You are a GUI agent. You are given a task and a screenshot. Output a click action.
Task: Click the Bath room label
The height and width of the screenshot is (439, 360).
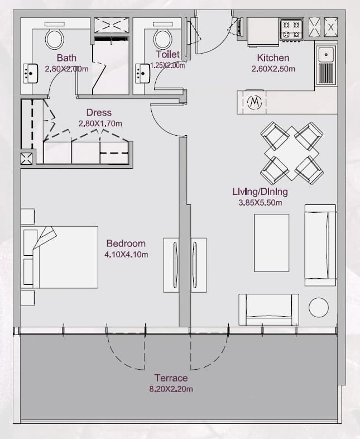pos(66,58)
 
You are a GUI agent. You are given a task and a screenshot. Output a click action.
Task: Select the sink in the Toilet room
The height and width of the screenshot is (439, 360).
pos(142,73)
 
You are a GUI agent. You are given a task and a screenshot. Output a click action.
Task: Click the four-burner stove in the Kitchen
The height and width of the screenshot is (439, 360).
pos(291,29)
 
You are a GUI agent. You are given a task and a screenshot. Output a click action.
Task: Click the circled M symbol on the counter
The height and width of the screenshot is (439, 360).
pos(255,102)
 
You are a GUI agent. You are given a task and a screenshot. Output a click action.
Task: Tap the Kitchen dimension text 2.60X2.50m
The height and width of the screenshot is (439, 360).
pos(273,69)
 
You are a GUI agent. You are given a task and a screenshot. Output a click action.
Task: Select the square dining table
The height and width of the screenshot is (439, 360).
pos(292,153)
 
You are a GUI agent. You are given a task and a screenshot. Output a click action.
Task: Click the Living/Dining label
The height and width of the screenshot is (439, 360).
pos(260,192)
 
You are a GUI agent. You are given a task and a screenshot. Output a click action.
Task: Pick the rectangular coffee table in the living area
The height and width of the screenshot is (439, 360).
pos(271,243)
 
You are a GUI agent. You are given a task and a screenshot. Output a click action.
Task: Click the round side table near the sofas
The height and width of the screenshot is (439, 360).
pos(319,307)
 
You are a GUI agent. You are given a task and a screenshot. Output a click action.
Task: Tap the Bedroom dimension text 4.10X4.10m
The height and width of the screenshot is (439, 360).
pos(126,255)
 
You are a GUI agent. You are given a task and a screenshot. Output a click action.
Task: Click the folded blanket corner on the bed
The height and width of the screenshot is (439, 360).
pos(45,237)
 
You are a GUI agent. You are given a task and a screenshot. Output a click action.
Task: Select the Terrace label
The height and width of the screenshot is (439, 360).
pos(171,378)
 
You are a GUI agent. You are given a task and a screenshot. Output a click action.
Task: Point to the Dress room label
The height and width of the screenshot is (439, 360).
pos(99,113)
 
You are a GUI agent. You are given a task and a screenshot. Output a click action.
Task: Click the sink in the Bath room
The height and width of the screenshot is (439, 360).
pos(30,73)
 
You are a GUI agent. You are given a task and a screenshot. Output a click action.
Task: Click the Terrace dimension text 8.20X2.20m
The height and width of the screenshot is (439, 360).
pos(171,389)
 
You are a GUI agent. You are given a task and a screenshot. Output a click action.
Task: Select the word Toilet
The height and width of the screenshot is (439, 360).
pos(167,54)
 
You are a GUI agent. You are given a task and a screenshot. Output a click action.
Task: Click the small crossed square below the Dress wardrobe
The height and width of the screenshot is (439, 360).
pos(26,159)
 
